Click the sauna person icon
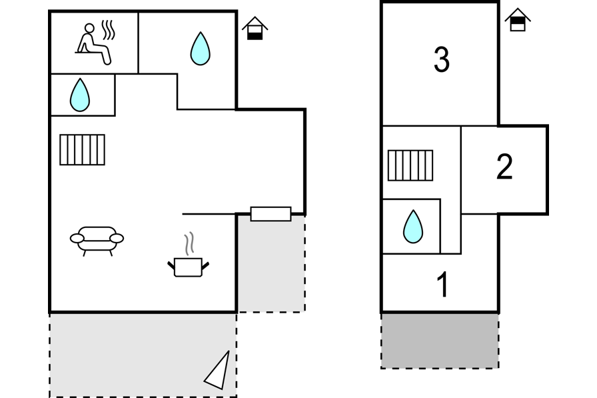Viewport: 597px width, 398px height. coord(93,45)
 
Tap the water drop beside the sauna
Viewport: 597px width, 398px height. coord(200,49)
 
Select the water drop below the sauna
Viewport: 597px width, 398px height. coord(80,95)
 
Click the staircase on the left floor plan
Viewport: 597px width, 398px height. coord(82,149)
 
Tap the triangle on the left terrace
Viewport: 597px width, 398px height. coord(219,371)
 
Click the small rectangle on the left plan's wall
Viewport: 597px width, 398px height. coord(271,214)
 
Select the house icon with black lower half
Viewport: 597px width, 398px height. coord(255,29)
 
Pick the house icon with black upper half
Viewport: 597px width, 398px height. coord(518,20)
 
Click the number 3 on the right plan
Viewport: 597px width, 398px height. coord(441,60)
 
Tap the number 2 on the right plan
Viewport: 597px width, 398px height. coord(504,167)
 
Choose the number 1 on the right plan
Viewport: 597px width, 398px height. coord(442,285)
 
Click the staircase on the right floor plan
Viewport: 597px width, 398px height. coord(410,165)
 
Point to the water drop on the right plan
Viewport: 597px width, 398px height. coord(412,227)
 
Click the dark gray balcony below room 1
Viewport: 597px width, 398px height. coord(440,340)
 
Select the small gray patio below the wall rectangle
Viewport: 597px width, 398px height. coord(271,267)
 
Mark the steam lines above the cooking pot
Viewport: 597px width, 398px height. coord(190,243)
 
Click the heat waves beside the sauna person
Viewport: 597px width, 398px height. coord(109,30)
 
